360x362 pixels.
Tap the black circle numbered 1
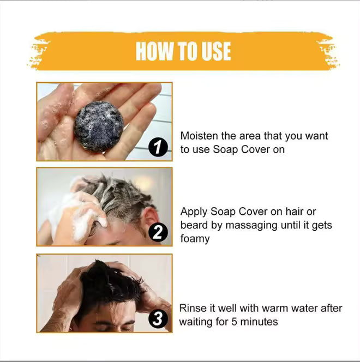coord(158,148)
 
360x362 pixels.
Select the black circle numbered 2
coord(158,233)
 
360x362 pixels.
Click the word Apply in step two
coord(193,212)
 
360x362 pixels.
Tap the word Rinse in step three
coord(193,309)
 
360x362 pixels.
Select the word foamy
coord(195,239)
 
